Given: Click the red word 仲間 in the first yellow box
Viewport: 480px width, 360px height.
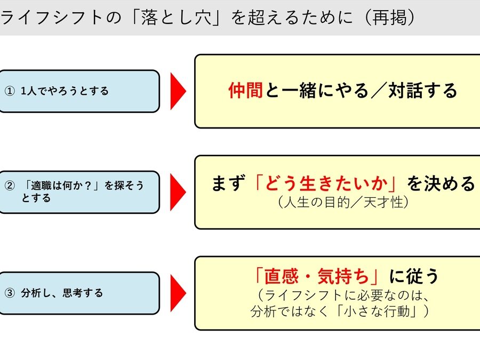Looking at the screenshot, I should click(245, 91).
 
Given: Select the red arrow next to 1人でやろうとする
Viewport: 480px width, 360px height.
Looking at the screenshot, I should click(178, 91).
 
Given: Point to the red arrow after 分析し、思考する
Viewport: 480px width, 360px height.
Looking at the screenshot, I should click(178, 293).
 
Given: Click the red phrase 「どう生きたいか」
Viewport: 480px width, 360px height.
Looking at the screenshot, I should click(326, 184).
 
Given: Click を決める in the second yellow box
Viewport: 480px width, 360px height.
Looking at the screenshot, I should click(441, 184).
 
